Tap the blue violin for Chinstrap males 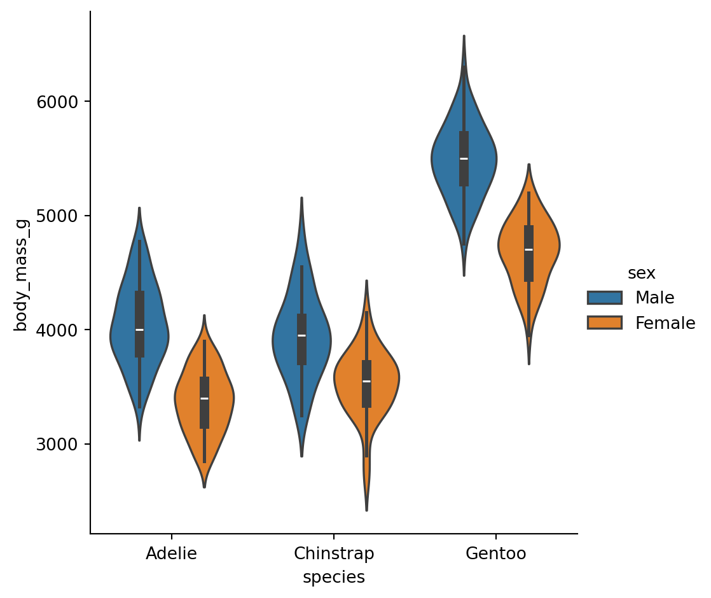[x=286, y=337]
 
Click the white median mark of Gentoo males [x=464, y=158]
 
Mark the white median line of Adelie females [x=204, y=398]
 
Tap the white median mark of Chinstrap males [x=301, y=335]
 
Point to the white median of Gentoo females [x=528, y=249]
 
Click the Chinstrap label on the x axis [x=334, y=553]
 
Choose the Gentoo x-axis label [x=496, y=553]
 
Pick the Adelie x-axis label [x=171, y=553]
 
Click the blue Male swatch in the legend [x=604, y=298]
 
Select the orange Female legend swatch [x=604, y=323]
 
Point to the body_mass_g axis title [x=21, y=273]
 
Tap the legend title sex [x=641, y=274]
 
